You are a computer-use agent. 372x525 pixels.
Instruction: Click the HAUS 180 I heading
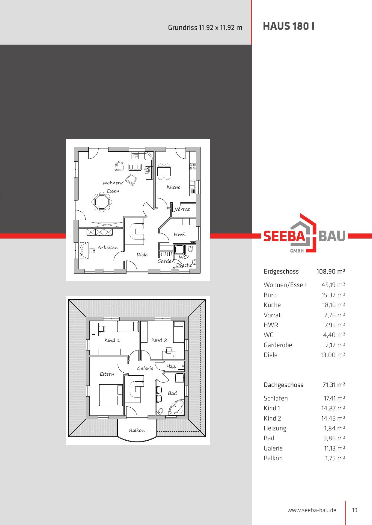pos(288,27)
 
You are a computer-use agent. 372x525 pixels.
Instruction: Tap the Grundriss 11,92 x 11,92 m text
pos(205,28)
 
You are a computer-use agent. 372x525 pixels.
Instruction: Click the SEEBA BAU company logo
pos(305,233)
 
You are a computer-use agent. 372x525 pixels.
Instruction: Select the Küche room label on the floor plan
pos(174,187)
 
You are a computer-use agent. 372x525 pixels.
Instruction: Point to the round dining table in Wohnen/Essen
pos(102,203)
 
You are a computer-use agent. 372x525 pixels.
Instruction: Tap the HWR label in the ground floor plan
pos(180,234)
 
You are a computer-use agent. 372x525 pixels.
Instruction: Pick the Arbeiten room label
pos(108,248)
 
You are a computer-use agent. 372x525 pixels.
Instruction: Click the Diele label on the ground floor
pos(142,254)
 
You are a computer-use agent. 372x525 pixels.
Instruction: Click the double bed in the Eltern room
pos(111,395)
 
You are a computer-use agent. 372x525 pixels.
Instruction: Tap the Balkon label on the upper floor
pos(137,430)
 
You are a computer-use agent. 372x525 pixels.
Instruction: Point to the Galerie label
pos(145,368)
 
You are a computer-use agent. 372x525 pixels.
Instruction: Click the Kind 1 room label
pos(112,340)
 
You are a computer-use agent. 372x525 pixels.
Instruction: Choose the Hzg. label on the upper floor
pos(171,366)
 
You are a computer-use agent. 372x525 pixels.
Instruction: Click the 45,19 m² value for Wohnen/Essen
pos(333,285)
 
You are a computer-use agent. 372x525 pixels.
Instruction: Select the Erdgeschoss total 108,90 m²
pos(331,271)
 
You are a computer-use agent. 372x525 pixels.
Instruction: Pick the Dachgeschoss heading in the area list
pos(283,385)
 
